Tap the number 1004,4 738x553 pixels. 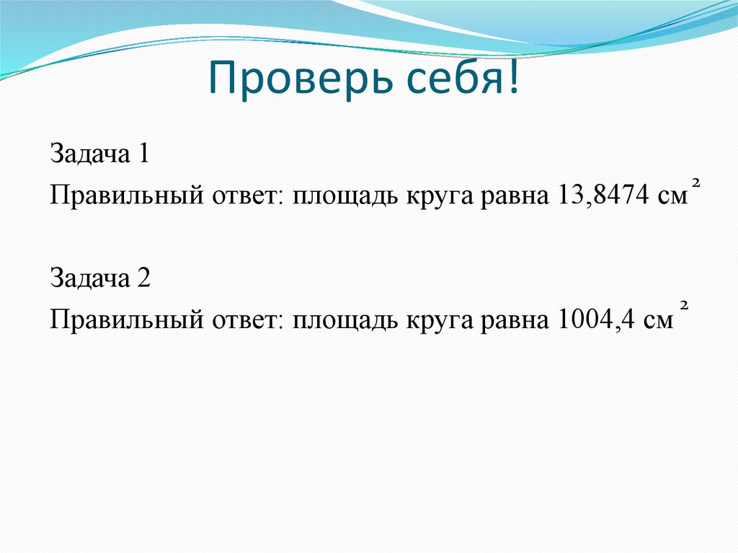[595, 319]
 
